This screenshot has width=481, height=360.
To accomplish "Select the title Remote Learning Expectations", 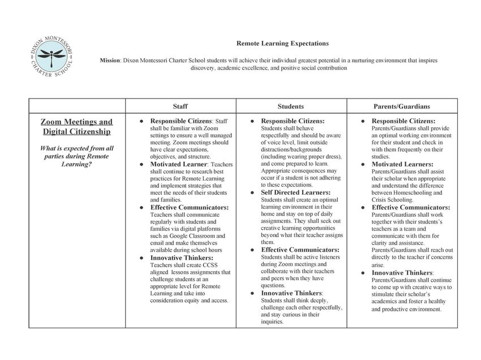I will [282, 43].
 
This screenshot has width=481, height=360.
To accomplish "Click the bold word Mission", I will [110, 59].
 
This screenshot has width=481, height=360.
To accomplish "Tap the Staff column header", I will [181, 106].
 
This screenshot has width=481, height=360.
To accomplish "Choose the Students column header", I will [291, 106].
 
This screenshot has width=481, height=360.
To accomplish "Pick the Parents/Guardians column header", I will [402, 106].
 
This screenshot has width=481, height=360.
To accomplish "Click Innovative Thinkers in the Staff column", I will [182, 258].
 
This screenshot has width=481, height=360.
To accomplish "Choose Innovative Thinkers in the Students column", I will [291, 293].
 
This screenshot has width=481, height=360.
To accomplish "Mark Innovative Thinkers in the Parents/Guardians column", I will [402, 272].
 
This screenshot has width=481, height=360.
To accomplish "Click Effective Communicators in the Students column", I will [300, 250].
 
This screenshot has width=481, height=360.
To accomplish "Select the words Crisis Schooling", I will [390, 200].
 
